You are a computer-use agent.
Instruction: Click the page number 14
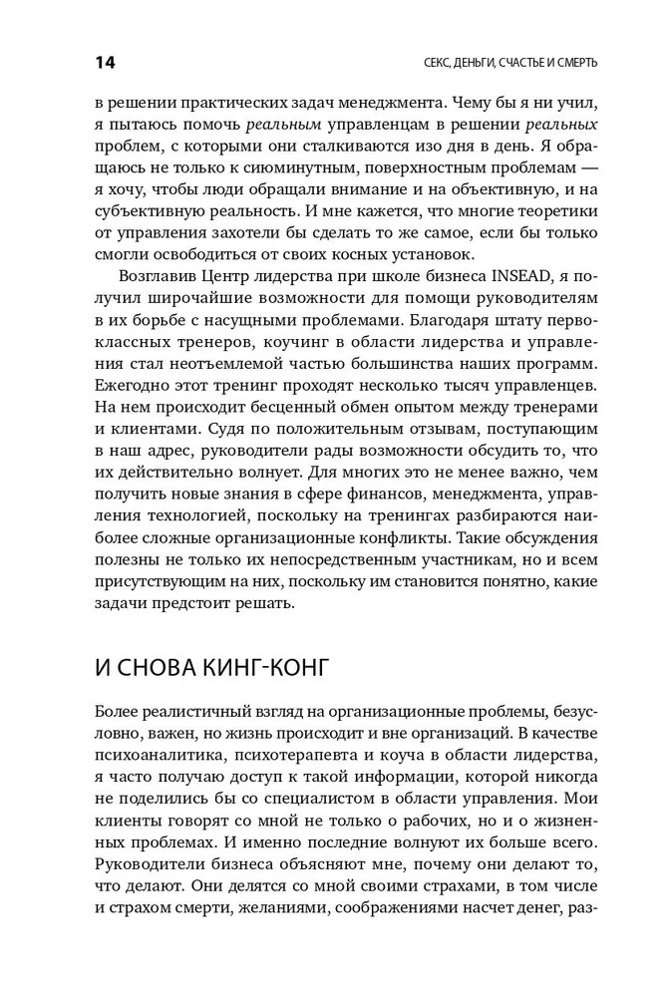coord(106,63)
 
